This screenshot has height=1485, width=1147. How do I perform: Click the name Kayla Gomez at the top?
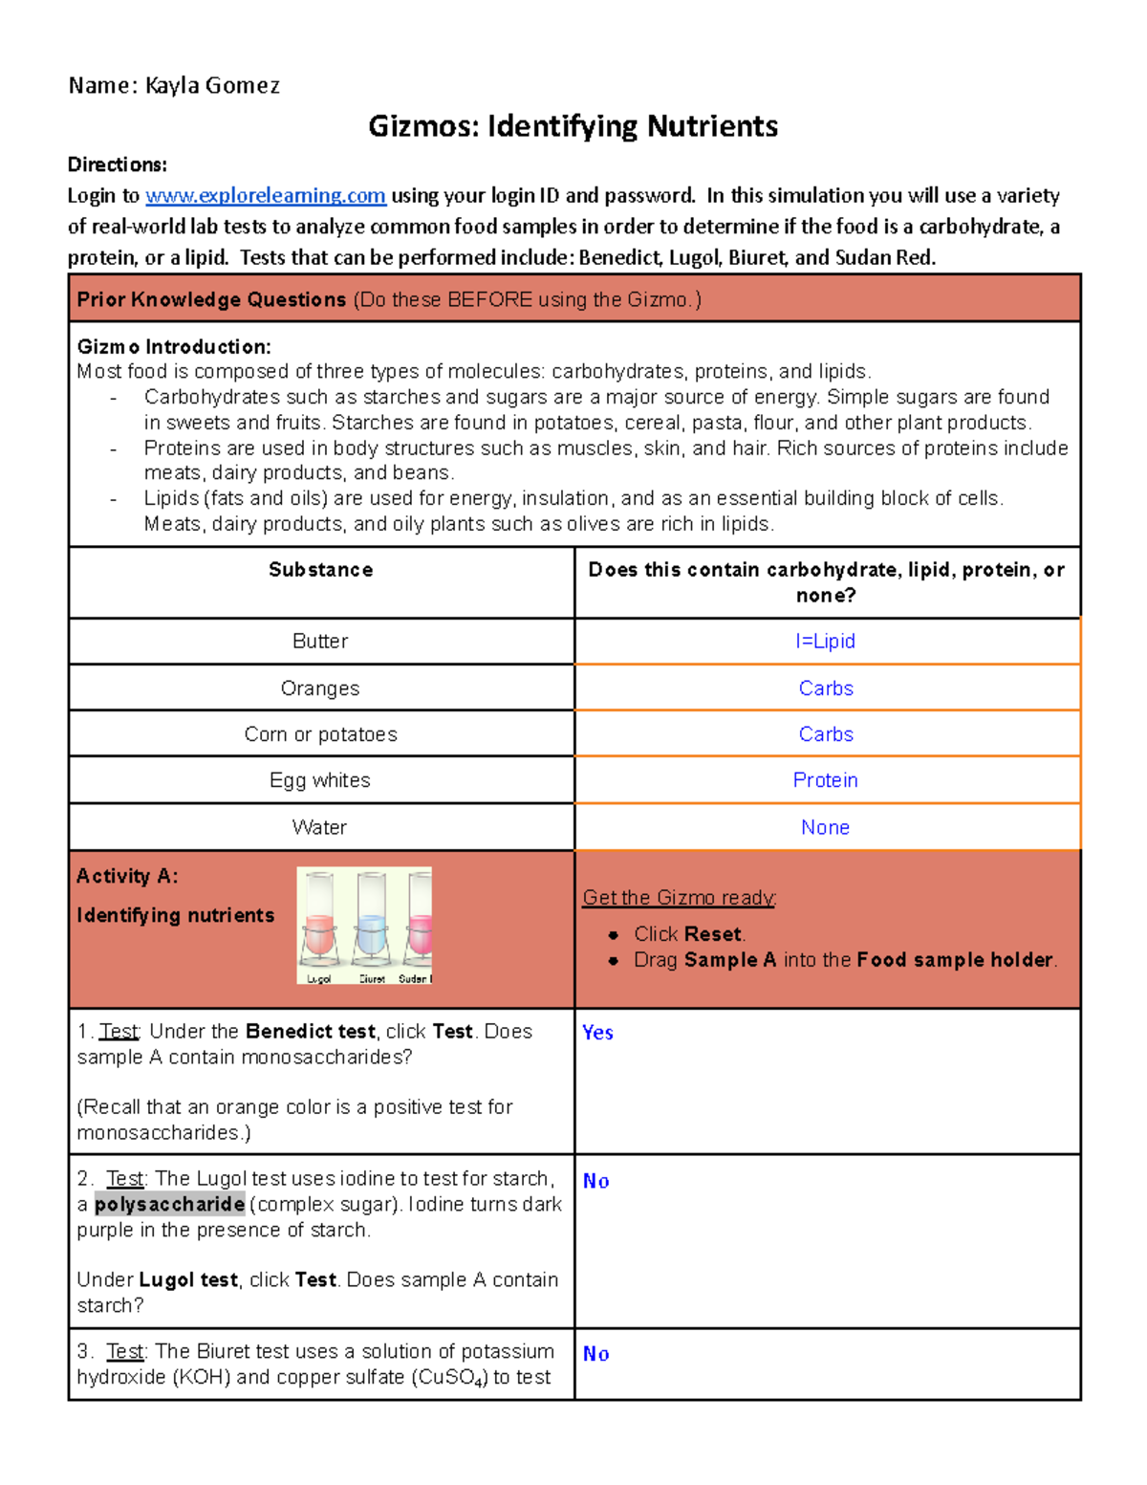pyautogui.click(x=212, y=86)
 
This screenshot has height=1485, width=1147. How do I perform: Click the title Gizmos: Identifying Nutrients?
pyautogui.click(x=573, y=126)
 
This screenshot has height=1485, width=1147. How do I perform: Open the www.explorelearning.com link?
pyautogui.click(x=266, y=196)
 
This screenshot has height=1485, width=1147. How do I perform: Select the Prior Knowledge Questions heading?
pyautogui.click(x=211, y=299)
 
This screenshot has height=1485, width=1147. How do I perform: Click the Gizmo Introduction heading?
pyautogui.click(x=174, y=346)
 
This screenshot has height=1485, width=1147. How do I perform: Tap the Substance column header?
pyautogui.click(x=320, y=570)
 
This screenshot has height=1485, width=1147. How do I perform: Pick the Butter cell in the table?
pyautogui.click(x=320, y=641)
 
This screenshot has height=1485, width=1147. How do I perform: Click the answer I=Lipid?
pyautogui.click(x=825, y=641)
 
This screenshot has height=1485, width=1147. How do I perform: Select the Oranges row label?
pyautogui.click(x=320, y=688)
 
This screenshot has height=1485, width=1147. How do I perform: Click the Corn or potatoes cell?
pyautogui.click(x=320, y=734)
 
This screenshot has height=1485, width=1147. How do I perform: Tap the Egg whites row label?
pyautogui.click(x=320, y=780)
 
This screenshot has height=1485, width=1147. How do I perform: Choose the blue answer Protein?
pyautogui.click(x=825, y=780)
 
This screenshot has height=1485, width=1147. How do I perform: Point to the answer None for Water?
pyautogui.click(x=825, y=827)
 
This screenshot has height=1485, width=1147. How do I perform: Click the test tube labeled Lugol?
pyautogui.click(x=319, y=923)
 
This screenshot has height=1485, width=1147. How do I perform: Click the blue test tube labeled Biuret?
pyautogui.click(x=371, y=923)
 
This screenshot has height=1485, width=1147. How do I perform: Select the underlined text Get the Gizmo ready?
pyautogui.click(x=679, y=897)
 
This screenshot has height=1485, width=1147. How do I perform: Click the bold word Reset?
pyautogui.click(x=713, y=934)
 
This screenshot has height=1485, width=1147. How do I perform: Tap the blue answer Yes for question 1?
pyautogui.click(x=597, y=1033)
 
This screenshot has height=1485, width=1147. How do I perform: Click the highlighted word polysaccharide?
pyautogui.click(x=169, y=1205)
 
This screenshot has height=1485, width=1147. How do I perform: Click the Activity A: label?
pyautogui.click(x=127, y=876)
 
